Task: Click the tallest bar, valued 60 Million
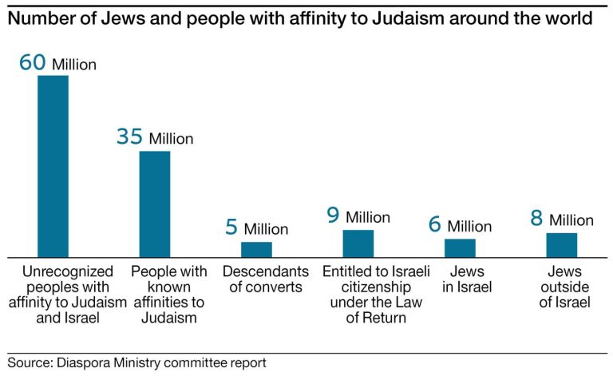pos(53,166)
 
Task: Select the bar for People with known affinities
pos(155,204)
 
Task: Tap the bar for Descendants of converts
pos(256,249)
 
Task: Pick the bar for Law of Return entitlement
pos(358,243)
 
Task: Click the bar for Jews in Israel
pos(460,247)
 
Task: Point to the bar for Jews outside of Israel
pos(561,244)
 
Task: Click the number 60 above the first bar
pos(33,62)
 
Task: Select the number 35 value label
pos(129,137)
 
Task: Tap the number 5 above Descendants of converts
pos(231,228)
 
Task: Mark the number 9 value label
pos(334,216)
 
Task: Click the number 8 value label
pos(536,219)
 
